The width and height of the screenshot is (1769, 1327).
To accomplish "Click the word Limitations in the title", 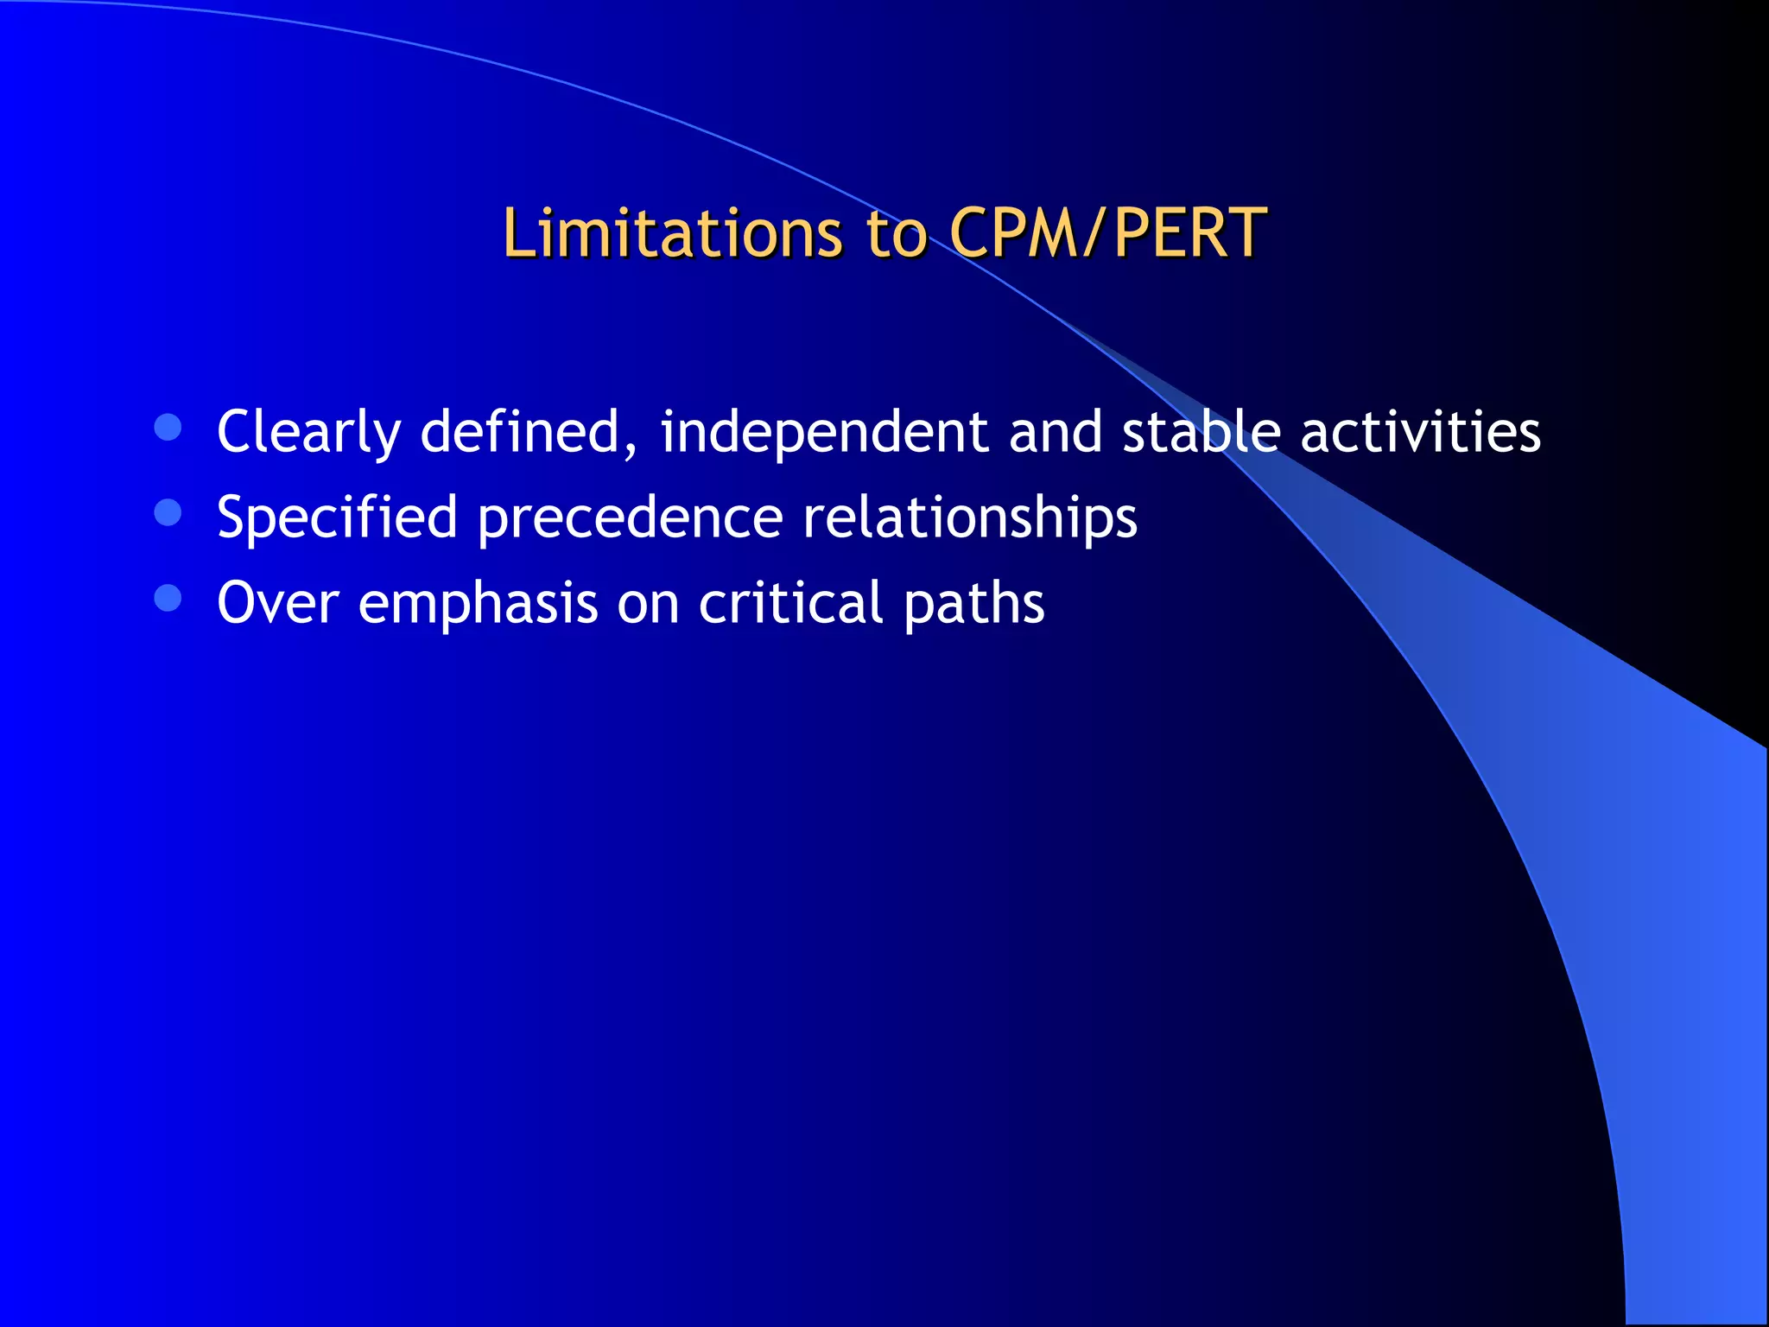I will click(x=672, y=233).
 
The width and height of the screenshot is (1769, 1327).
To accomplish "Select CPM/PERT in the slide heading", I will click(x=1107, y=233).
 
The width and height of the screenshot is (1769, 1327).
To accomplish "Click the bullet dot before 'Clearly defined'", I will click(x=168, y=428).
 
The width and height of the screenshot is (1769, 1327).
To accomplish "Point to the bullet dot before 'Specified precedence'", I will click(x=168, y=513).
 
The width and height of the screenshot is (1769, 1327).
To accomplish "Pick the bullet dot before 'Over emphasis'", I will click(x=168, y=599).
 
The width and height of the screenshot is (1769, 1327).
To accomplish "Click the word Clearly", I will click(x=308, y=432).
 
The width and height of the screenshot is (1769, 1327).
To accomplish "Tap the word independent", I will click(x=824, y=432).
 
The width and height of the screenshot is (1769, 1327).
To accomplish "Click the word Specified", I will click(x=337, y=517).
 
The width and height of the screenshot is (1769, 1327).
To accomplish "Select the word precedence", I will click(x=631, y=517).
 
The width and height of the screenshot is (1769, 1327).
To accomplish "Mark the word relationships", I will click(x=970, y=517).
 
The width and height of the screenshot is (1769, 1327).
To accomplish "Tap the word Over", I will click(x=277, y=602).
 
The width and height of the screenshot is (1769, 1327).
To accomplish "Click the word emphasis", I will click(x=478, y=603).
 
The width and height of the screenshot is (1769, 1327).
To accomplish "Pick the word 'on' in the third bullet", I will click(x=648, y=603).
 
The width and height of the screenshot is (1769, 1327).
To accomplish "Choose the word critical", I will click(x=790, y=602).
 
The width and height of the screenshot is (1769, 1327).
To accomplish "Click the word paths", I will click(x=973, y=603).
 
